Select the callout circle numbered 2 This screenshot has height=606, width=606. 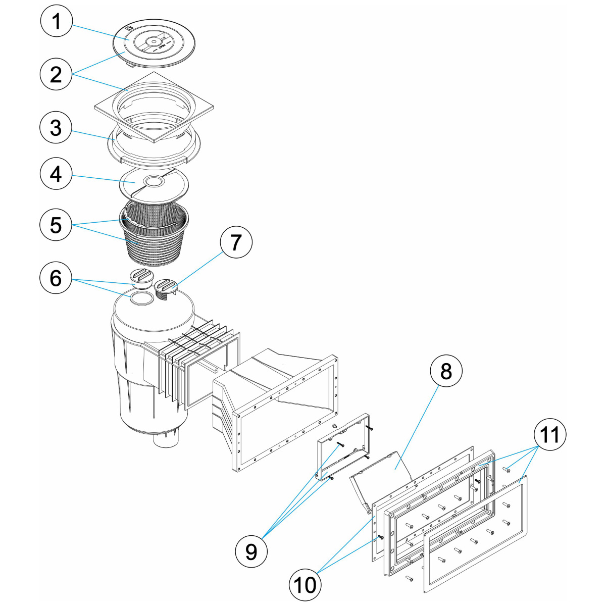pos(56,75)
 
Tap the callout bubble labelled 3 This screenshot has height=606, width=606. pos(56,128)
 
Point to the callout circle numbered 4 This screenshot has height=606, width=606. pos(56,175)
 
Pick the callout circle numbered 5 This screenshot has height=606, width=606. pos(56,225)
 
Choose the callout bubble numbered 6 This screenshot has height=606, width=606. pos(56,278)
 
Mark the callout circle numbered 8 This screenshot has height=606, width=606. pos(445,372)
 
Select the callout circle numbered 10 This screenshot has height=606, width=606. pos(305,585)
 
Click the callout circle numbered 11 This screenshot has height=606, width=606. pos(550,434)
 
